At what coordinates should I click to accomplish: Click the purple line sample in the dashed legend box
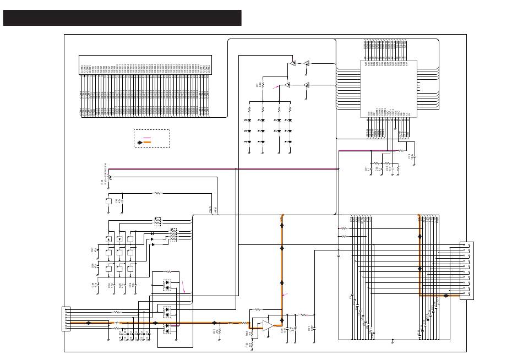(147, 138)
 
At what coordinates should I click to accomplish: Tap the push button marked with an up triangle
(109, 239)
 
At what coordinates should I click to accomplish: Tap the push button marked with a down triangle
(119, 239)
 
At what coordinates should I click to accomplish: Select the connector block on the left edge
(66, 319)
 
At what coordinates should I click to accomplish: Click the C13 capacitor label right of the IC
(409, 156)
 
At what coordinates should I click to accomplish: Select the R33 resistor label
(214, 331)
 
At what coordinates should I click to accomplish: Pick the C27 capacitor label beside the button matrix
(91, 250)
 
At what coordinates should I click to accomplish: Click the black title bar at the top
(122, 18)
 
